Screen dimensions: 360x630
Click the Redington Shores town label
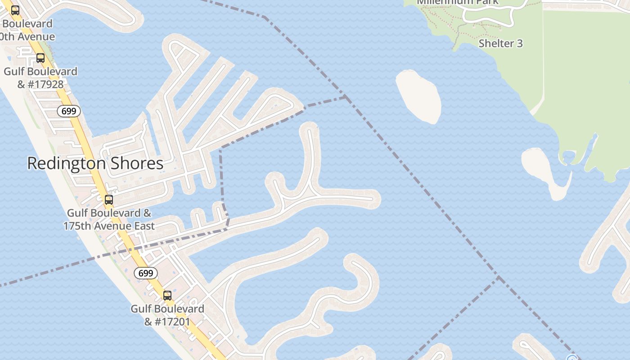pyautogui.click(x=95, y=163)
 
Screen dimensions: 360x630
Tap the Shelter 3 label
pyautogui.click(x=500, y=43)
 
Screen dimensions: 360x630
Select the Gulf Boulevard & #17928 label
pyautogui.click(x=40, y=77)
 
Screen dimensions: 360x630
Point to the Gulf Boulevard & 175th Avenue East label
pyautogui.click(x=109, y=219)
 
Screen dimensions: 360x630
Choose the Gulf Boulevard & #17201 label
pyautogui.click(x=167, y=315)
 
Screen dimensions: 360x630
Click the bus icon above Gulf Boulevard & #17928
pyautogui.click(x=40, y=58)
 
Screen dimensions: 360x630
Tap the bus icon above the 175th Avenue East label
pyautogui.click(x=108, y=200)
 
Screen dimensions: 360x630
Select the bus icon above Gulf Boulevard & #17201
pyautogui.click(x=167, y=296)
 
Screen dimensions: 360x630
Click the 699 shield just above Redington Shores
pyautogui.click(x=69, y=111)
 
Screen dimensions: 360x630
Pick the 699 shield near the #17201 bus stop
pyautogui.click(x=146, y=273)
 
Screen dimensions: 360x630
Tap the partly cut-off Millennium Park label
pyautogui.click(x=458, y=2)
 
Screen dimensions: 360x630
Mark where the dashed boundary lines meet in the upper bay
pyautogui.click(x=345, y=97)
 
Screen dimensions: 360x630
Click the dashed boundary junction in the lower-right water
pyautogui.click(x=498, y=277)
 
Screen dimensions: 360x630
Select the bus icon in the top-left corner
pyautogui.click(x=15, y=10)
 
